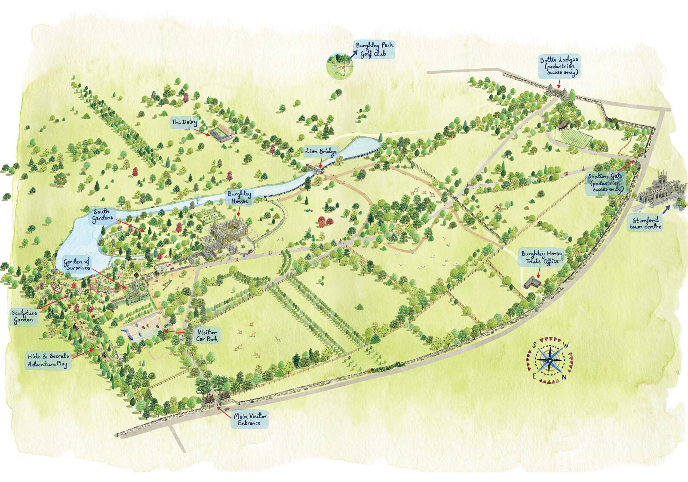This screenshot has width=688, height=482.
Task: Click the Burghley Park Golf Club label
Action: click(x=374, y=49)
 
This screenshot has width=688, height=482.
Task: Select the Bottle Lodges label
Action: click(x=559, y=66)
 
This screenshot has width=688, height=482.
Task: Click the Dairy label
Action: click(x=184, y=122)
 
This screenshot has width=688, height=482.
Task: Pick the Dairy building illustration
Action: click(x=222, y=133)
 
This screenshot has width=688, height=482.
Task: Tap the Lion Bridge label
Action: click(x=321, y=151)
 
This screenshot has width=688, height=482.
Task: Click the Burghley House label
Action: click(x=240, y=197)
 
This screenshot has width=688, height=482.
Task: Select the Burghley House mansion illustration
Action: click(x=228, y=235)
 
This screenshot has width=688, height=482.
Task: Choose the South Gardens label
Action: click(x=102, y=215)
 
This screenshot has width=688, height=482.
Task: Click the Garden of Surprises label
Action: click(x=77, y=264)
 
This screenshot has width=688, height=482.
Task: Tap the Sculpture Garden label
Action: click(x=24, y=316)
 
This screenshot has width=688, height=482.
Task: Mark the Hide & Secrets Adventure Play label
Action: click(x=48, y=360)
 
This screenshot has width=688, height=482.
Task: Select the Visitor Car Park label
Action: click(x=207, y=335)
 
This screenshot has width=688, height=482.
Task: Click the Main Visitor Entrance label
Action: click(x=250, y=419)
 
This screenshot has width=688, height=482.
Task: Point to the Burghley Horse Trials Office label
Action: click(x=541, y=257)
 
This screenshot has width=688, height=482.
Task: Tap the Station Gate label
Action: click(x=605, y=183)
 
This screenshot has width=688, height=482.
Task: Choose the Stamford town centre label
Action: click(x=645, y=223)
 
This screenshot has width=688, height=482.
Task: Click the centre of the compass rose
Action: click(x=550, y=361)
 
